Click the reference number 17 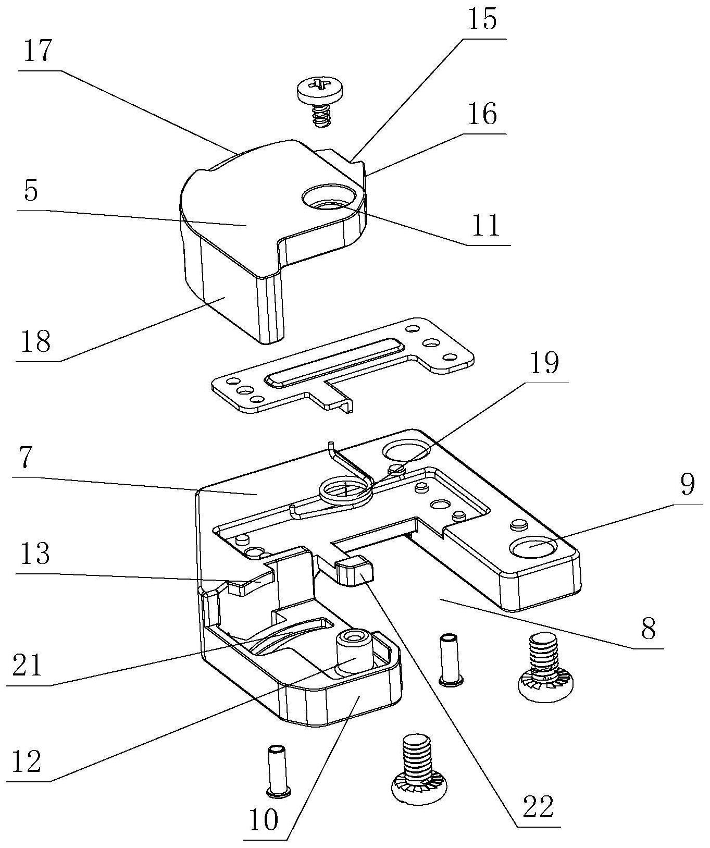pyautogui.click(x=38, y=52)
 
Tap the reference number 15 pyautogui.click(x=482, y=20)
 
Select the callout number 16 pyautogui.click(x=482, y=114)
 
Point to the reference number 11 pyautogui.click(x=486, y=225)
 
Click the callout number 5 pyautogui.click(x=31, y=191)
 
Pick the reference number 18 pyautogui.click(x=36, y=341)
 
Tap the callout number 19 pyautogui.click(x=544, y=363)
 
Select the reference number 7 pyautogui.click(x=27, y=458)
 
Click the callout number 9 pyautogui.click(x=687, y=485)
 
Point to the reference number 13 pyautogui.click(x=35, y=554)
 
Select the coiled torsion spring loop pyautogui.click(x=345, y=491)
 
